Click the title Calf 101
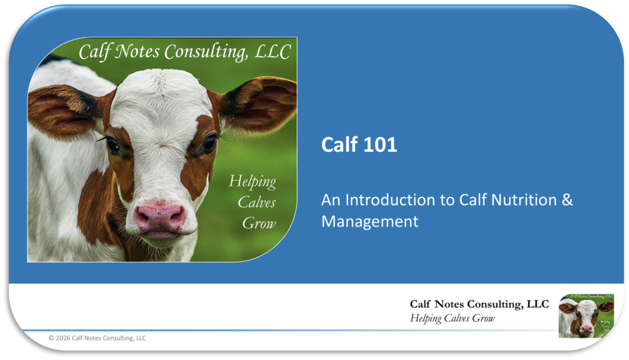pyautogui.click(x=359, y=144)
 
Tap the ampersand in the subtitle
pyautogui.click(x=567, y=200)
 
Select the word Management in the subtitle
pyautogui.click(x=370, y=221)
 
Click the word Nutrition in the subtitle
pyautogui.click(x=524, y=200)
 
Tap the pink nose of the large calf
pyautogui.click(x=160, y=217)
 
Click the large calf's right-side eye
pyautogui.click(x=209, y=143)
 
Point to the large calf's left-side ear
pyautogui.click(x=64, y=111)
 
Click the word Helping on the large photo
pyautogui.click(x=252, y=182)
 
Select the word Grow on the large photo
pyautogui.click(x=259, y=223)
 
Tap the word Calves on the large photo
pyautogui.click(x=257, y=202)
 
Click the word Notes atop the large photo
pyautogui.click(x=137, y=52)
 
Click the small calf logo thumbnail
pyautogui.click(x=586, y=315)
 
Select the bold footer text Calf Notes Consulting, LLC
pyautogui.click(x=479, y=304)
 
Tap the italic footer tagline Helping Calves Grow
pyautogui.click(x=452, y=318)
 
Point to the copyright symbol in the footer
pyautogui.click(x=52, y=338)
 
